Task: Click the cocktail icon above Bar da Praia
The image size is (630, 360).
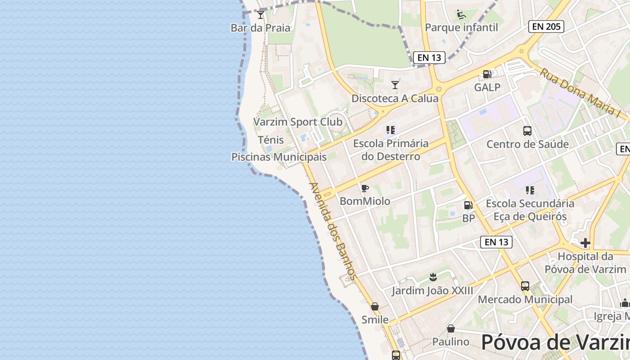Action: [x=261, y=15]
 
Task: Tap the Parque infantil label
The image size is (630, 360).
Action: [x=461, y=27]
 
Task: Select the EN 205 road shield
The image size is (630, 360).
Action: [x=546, y=27]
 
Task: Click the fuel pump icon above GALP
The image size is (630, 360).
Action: [x=487, y=74]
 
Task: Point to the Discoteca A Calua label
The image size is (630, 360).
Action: [x=395, y=98]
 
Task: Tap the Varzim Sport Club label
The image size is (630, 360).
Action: [x=297, y=122]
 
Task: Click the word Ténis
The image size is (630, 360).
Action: [x=271, y=140]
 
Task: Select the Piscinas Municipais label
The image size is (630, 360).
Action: [x=279, y=157]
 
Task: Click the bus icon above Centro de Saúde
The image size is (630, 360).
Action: [x=527, y=131]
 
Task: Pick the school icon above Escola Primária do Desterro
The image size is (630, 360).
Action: [x=390, y=130]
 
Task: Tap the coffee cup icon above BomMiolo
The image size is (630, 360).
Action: [x=364, y=188]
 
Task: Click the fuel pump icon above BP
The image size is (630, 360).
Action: [x=468, y=205]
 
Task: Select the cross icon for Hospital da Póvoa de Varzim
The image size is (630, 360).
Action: [x=585, y=243]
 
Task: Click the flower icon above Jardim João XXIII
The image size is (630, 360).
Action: [x=433, y=277]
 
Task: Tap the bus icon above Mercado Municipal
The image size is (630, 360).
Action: [x=525, y=286]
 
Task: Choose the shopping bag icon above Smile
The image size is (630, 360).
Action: [x=374, y=306]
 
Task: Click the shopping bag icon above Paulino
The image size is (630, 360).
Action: [x=450, y=329]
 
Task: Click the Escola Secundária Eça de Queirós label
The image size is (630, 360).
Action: [x=530, y=210]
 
